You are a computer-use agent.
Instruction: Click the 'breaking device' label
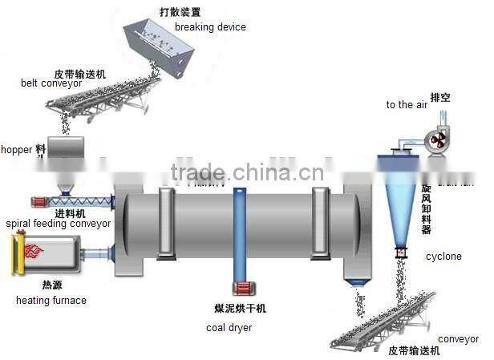pyautogui.click(x=210, y=26)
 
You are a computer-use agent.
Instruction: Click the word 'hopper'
pyautogui.click(x=16, y=149)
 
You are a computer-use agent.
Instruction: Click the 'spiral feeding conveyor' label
pyautogui.click(x=58, y=224)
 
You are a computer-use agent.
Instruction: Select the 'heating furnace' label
pyautogui.click(x=51, y=301)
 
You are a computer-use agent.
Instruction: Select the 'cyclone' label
pyautogui.click(x=443, y=257)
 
